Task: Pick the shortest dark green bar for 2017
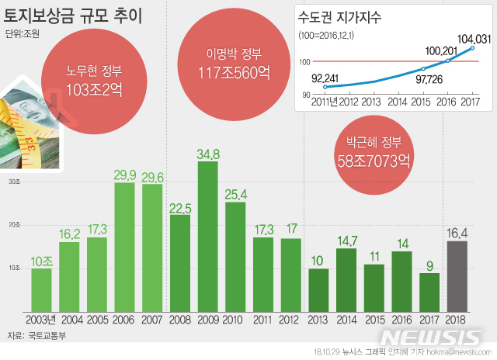tap(429, 291)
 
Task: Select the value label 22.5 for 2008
tap(180, 207)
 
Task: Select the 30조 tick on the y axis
tap(15, 182)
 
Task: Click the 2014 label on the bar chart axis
tap(346, 319)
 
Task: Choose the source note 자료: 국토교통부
tap(36, 336)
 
